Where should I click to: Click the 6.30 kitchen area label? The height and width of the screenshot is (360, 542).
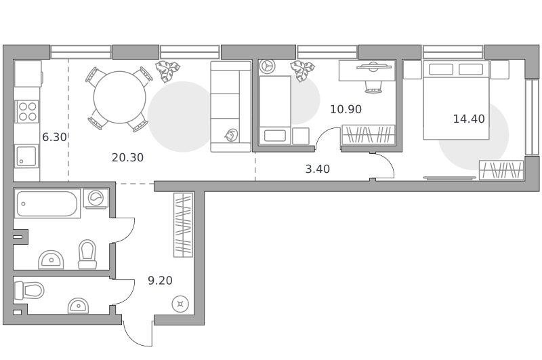coord(54,138)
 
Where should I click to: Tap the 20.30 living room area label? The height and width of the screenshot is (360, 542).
coord(127,158)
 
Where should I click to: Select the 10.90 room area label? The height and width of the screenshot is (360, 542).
coord(346,109)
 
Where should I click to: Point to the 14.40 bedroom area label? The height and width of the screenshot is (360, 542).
coord(469,119)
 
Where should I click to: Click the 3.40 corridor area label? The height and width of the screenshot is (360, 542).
coord(318,169)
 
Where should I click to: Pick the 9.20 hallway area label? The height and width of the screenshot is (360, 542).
coord(160,281)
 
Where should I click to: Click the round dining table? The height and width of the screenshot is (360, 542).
coord(120,97)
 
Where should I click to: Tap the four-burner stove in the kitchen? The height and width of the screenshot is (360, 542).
coord(27,111)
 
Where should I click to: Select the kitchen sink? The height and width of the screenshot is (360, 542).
coord(26,156)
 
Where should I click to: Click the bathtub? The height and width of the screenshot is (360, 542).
coord(47,203)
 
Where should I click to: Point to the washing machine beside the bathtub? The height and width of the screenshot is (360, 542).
coord(96,199)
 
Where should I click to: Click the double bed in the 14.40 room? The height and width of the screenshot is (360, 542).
coord(456,100)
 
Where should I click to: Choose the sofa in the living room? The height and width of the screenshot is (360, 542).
coord(231,106)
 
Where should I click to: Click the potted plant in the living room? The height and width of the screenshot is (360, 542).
coord(167,71)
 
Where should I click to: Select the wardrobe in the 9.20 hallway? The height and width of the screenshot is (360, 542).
coord(183,225)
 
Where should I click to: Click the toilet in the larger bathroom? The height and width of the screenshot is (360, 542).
coord(87,254)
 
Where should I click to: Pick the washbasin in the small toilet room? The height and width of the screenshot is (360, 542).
coord(79,306)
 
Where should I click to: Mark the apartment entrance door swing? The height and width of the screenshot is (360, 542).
coord(138,334)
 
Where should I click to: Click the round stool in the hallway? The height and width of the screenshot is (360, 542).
coord(180,304)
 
